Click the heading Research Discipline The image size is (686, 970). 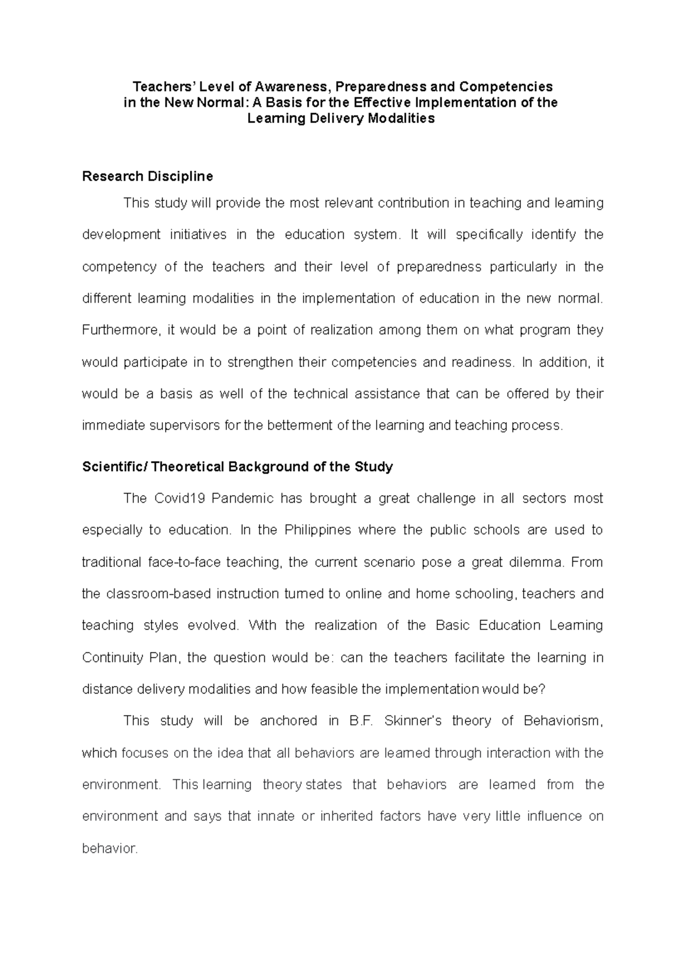tap(147, 176)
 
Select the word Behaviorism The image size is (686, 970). tap(563, 721)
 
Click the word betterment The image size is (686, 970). tap(295, 426)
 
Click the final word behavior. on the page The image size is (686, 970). tap(110, 848)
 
